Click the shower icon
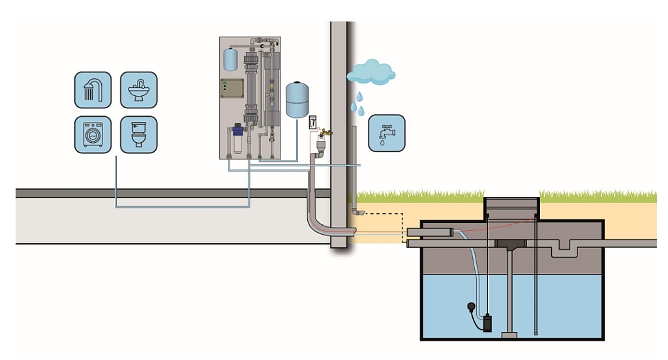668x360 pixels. (93, 89)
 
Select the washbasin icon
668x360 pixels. (138, 89)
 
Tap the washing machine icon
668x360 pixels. (93, 134)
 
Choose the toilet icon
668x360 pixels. (138, 134)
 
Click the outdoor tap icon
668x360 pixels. (386, 133)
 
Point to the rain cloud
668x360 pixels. (371, 72)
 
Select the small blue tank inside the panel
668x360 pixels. (230, 59)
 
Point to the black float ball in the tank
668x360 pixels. (470, 306)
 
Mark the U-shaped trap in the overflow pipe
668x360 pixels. (564, 248)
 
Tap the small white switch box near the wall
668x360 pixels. (312, 122)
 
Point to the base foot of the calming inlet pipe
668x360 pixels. (509, 335)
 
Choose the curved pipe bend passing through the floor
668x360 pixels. (320, 218)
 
